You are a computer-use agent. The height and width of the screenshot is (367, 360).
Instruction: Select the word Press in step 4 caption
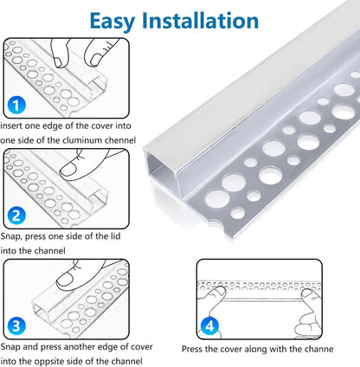(193, 350)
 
